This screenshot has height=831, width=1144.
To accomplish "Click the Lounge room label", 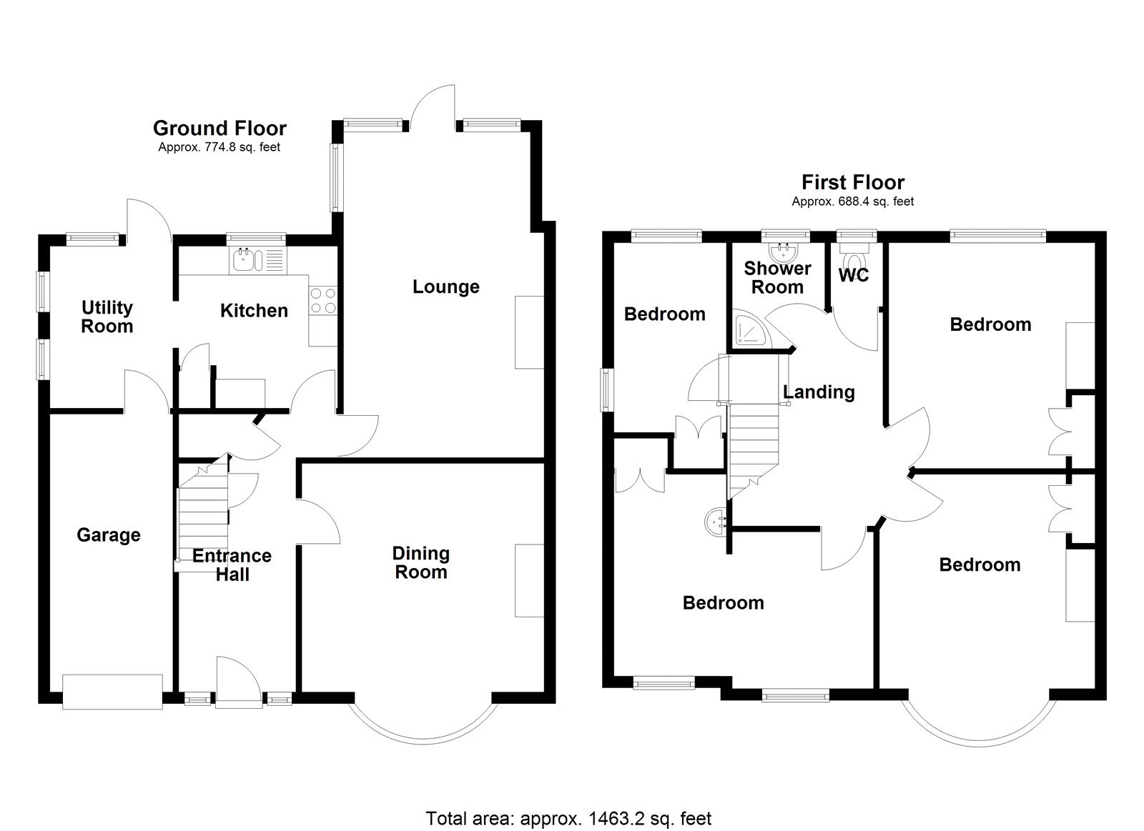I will click(x=445, y=287).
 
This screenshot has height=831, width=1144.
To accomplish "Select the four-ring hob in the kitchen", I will click(x=322, y=299).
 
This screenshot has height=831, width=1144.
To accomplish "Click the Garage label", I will click(x=109, y=535).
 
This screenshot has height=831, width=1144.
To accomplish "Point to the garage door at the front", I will click(x=112, y=692).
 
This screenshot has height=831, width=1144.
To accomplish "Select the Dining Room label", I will click(x=420, y=562).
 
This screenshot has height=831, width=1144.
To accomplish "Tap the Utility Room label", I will click(x=107, y=317).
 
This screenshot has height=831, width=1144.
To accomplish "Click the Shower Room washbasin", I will click(x=785, y=250).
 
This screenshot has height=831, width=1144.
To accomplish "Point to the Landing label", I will click(x=819, y=392).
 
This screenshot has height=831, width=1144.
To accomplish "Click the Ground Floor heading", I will click(x=220, y=129).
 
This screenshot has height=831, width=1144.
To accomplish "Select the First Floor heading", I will click(x=852, y=182).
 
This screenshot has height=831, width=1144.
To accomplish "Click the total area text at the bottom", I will click(x=568, y=817).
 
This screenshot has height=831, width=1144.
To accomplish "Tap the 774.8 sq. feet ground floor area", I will click(x=220, y=148).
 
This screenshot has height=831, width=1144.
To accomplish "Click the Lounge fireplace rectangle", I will click(x=529, y=332).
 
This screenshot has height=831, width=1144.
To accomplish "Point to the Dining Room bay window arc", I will click(x=422, y=736).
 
